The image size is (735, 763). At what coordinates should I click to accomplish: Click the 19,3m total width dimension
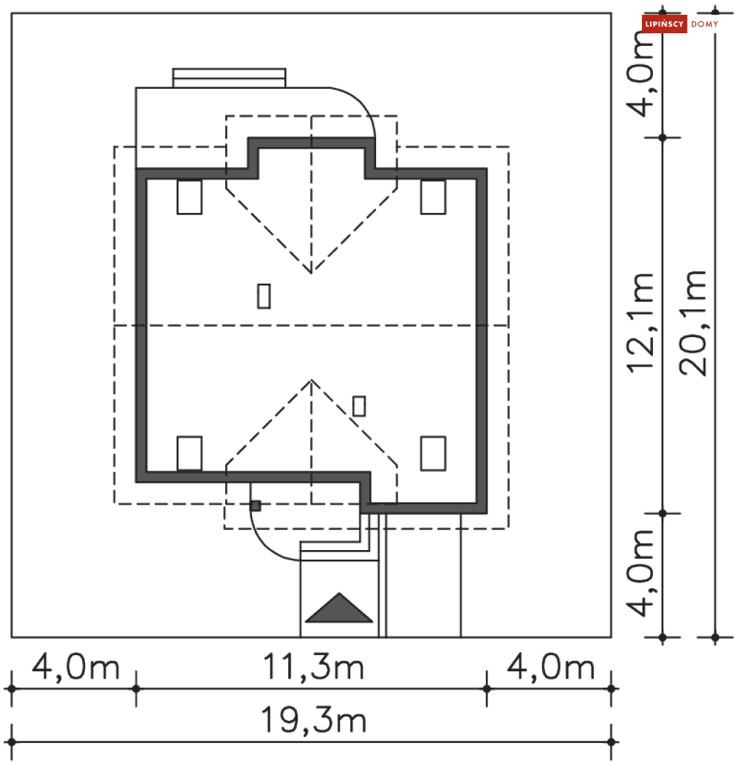(x=313, y=720)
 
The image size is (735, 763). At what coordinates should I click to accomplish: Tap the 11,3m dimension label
(x=313, y=667)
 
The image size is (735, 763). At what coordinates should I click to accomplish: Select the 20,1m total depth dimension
(x=692, y=322)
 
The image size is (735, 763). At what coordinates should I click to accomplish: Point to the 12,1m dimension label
(x=640, y=322)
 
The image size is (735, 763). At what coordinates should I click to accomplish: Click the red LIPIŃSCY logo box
(x=664, y=24)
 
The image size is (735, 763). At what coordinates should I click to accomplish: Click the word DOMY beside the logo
(x=705, y=24)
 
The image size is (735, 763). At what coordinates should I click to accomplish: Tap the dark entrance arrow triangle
(x=339, y=608)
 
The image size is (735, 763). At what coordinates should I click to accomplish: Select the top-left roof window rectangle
(x=190, y=197)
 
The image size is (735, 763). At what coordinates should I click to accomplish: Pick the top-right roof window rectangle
(x=433, y=197)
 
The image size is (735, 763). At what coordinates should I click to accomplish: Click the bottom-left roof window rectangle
(x=190, y=453)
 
